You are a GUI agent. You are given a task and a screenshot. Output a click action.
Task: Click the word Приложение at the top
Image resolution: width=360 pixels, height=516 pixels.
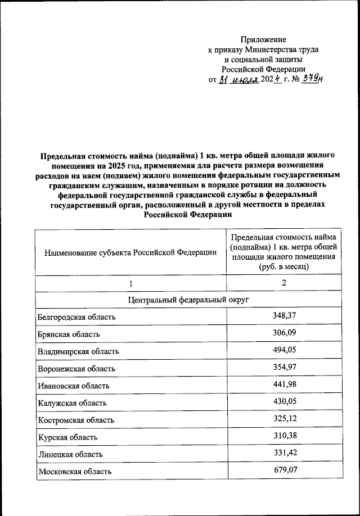click(263, 39)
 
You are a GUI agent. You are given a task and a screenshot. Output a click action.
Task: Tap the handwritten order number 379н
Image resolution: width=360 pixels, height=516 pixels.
click(312, 79)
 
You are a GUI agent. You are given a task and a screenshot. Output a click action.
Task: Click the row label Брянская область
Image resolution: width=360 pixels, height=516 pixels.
click(69, 334)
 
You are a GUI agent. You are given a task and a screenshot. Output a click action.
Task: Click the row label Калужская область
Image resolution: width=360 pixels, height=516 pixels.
click(73, 403)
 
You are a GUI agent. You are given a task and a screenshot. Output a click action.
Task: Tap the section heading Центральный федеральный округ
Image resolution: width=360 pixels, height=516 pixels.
click(188, 300)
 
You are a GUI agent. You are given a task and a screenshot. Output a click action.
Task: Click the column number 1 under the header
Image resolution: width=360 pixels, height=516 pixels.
click(130, 283)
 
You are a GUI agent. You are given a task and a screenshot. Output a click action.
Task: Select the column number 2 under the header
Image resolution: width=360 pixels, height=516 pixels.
click(284, 283)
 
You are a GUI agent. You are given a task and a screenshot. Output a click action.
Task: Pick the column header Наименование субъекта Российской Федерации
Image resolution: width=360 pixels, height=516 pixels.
click(130, 252)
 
